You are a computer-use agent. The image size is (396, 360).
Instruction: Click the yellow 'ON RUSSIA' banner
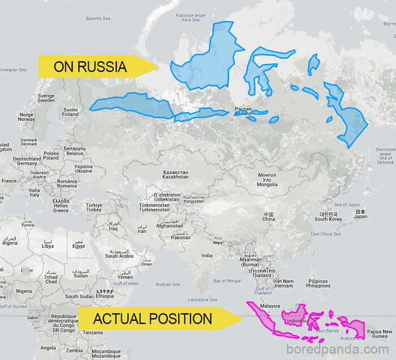93,67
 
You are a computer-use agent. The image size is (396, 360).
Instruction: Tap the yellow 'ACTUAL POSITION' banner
156,319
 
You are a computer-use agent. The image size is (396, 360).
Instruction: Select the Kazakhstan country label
175,174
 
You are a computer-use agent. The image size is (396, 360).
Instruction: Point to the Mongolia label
267,181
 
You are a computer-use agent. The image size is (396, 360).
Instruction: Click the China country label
268,217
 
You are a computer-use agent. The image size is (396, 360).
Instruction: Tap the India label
207,255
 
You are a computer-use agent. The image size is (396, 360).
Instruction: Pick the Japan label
360,214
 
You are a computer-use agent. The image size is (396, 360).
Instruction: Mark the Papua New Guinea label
380,334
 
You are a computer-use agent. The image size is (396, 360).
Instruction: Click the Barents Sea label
98,19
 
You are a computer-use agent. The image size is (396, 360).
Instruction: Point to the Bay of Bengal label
227,281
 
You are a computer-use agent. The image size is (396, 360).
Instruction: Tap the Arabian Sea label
167,284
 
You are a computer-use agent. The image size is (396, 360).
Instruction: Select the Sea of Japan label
347,204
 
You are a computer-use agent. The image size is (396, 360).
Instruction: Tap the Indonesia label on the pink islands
297,321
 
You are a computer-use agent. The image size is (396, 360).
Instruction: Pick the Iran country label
142,229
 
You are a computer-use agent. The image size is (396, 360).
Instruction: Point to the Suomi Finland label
70,112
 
